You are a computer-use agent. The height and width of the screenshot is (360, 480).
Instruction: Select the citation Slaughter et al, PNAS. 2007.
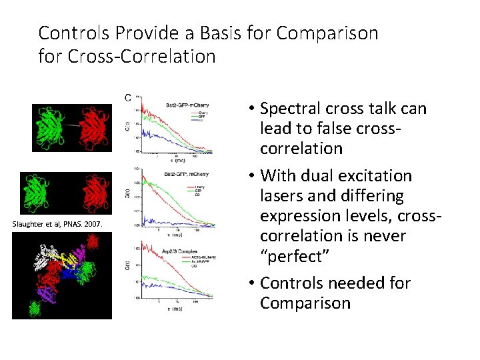[x=57, y=224]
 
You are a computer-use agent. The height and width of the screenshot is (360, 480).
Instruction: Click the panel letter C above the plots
[x=127, y=98]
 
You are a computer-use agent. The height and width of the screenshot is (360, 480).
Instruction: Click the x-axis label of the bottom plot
[x=175, y=309]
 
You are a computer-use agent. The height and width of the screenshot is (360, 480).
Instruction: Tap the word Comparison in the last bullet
[x=305, y=303]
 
